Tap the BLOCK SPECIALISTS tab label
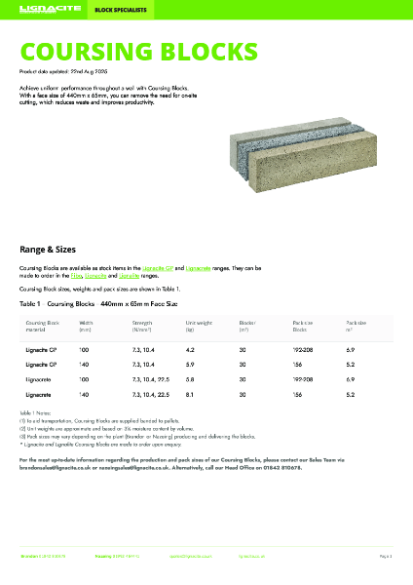point(113,9)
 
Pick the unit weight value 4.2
point(191,348)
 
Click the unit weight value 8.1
point(191,394)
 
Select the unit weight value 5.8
point(191,378)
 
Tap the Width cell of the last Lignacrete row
point(84,394)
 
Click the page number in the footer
point(385,555)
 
